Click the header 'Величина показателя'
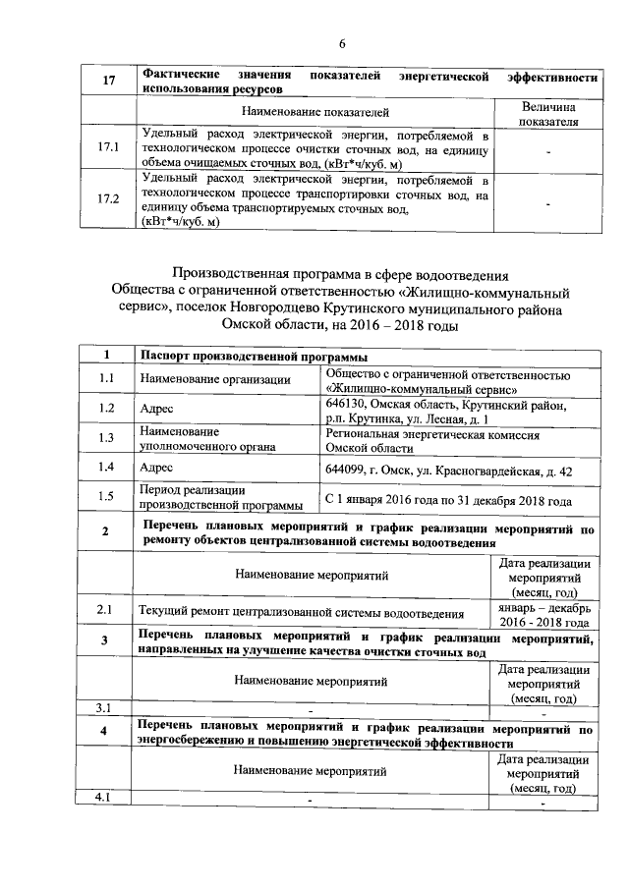(548, 113)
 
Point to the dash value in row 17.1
(548, 149)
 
